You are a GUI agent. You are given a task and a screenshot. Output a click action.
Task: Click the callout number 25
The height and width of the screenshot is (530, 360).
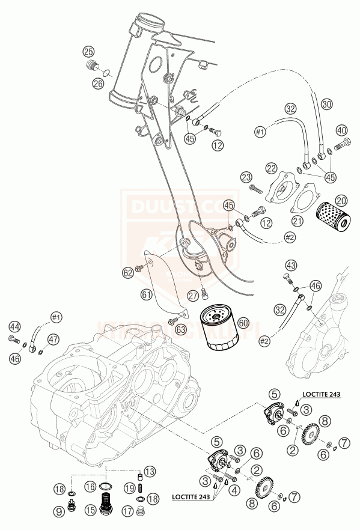pos(88,51)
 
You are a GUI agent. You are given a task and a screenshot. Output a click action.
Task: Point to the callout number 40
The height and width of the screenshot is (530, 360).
pos(341,130)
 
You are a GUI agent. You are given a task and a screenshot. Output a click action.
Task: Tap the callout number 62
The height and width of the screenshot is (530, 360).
pos(127,272)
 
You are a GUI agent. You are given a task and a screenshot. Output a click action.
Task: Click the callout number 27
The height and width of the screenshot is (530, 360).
pos(192,295)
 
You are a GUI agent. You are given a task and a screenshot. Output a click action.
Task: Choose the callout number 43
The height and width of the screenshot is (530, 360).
pos(291,265)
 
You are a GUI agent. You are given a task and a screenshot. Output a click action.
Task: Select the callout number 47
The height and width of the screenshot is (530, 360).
pos(53,340)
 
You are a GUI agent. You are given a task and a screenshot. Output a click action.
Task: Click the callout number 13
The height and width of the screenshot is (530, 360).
pos(150,471)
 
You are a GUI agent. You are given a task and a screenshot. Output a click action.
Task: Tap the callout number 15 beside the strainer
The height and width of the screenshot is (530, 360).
pos(90,511)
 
